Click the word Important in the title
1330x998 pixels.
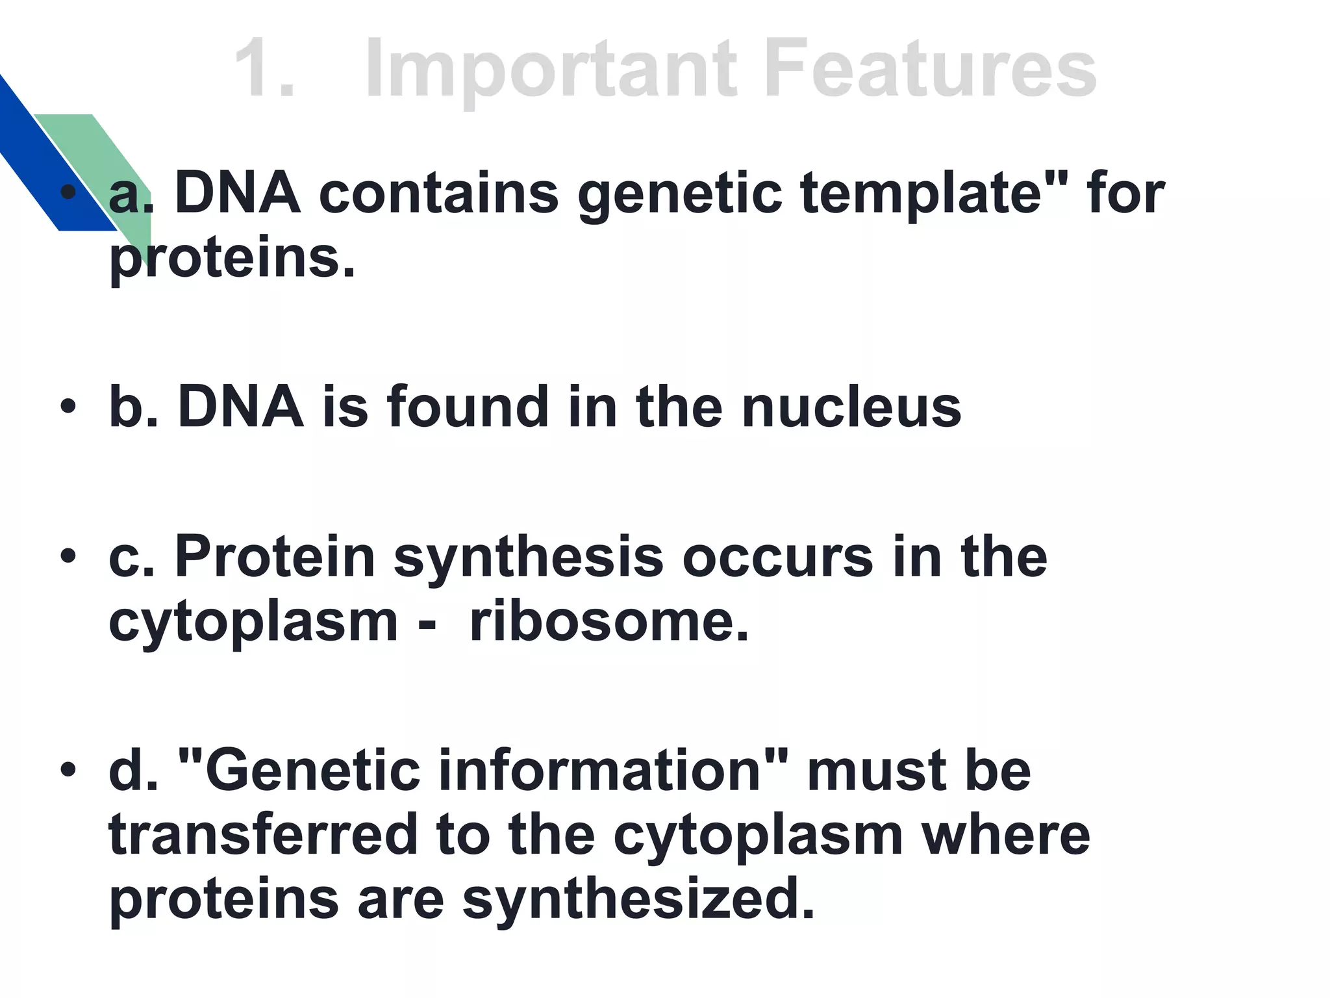(x=551, y=69)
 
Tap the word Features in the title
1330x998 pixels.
(x=931, y=69)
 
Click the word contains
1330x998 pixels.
(x=438, y=194)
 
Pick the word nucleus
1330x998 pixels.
(x=851, y=407)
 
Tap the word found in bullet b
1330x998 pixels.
(x=468, y=407)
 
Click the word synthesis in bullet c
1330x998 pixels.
(x=528, y=557)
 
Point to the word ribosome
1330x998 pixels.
(x=609, y=621)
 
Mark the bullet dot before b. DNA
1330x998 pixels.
(x=68, y=407)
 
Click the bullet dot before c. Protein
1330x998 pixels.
(x=68, y=557)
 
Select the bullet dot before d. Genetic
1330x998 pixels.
(x=68, y=771)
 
